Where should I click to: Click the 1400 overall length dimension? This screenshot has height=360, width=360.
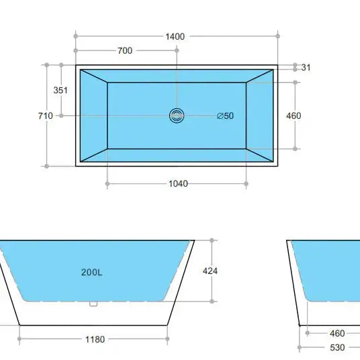(x=175, y=36)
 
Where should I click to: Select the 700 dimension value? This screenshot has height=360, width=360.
(x=125, y=50)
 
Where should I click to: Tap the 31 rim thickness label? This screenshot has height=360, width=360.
(x=306, y=67)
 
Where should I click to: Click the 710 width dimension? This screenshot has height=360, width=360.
(x=45, y=116)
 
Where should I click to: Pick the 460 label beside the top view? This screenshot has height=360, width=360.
(x=294, y=116)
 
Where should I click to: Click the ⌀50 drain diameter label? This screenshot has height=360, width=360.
(x=226, y=116)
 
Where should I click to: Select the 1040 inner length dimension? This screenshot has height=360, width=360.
(x=178, y=183)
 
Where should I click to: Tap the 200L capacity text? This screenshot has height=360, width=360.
(x=91, y=272)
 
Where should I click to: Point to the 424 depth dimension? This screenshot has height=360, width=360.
(x=210, y=271)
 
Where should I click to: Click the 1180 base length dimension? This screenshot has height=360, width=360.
(x=95, y=339)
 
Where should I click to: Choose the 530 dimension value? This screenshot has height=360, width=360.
(x=337, y=347)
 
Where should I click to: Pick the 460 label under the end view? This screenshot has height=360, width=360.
(x=337, y=333)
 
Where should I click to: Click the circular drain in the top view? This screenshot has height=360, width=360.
(x=177, y=116)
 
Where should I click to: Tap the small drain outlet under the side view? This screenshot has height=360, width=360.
(x=94, y=304)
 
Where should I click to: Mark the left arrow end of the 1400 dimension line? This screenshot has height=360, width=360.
(x=76, y=36)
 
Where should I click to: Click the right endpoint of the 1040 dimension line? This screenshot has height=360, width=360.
(x=246, y=183)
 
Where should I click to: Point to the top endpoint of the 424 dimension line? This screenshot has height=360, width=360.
(x=212, y=240)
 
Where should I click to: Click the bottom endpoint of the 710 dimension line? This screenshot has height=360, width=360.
(x=46, y=165)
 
